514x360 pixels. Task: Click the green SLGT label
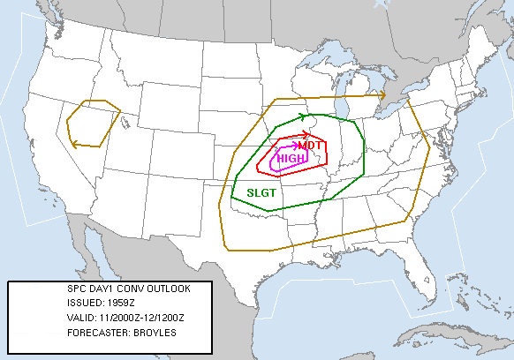[261, 192]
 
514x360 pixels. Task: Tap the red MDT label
[309, 146]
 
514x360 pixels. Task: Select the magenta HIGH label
[292, 159]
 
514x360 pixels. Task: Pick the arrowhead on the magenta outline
[296, 146]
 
